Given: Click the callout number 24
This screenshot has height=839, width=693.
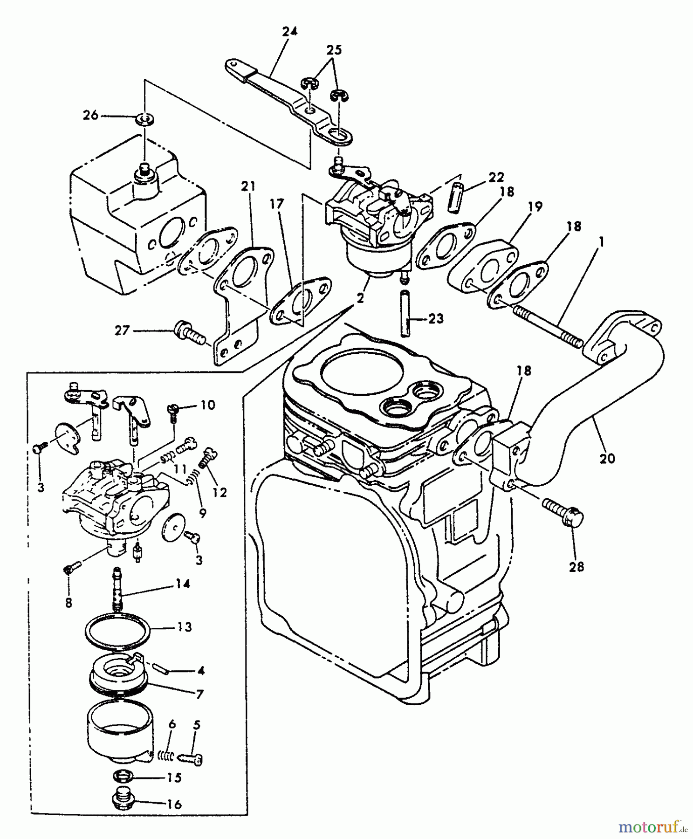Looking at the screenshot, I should tap(289, 32).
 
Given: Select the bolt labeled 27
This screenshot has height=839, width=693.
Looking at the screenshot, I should tap(190, 333).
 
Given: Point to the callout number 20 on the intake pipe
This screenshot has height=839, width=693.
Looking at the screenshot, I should tap(607, 458).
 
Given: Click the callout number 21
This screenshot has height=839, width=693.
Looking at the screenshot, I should tap(248, 187).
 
